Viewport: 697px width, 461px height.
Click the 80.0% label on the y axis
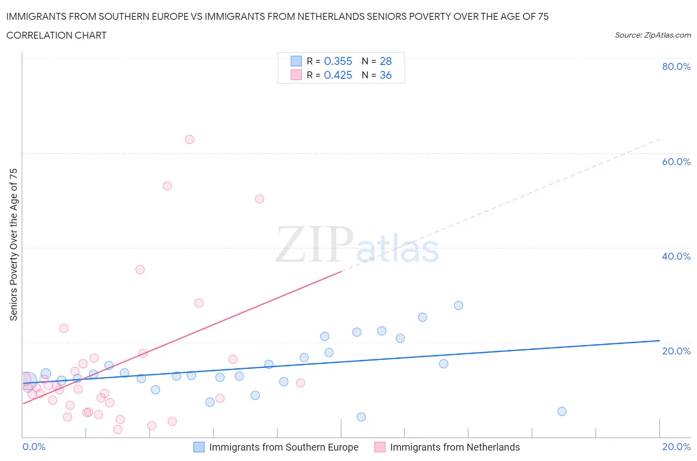point(676,66)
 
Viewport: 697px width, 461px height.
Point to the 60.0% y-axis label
point(676,162)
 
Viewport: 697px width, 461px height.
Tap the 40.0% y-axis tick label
point(676,256)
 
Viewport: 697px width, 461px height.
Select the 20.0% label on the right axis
point(676,351)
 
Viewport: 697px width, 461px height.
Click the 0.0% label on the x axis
point(34,447)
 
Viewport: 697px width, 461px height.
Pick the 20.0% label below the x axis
point(676,447)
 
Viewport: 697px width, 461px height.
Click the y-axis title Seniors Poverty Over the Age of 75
point(13,244)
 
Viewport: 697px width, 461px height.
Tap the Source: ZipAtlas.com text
point(652,35)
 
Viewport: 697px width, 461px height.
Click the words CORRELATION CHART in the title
point(56,35)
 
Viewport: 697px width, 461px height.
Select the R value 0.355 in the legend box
point(338,61)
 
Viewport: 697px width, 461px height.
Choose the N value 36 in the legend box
point(385,75)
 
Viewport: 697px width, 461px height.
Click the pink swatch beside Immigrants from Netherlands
point(380,447)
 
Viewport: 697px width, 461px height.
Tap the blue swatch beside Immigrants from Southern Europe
point(199,447)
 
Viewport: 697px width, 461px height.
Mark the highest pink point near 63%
point(189,139)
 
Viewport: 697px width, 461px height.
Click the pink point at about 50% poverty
point(259,199)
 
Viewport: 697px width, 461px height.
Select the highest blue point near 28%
point(459,305)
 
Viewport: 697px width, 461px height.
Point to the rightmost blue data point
point(562,411)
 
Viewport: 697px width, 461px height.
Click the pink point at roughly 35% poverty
point(140,270)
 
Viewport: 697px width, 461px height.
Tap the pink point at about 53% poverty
point(167,186)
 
